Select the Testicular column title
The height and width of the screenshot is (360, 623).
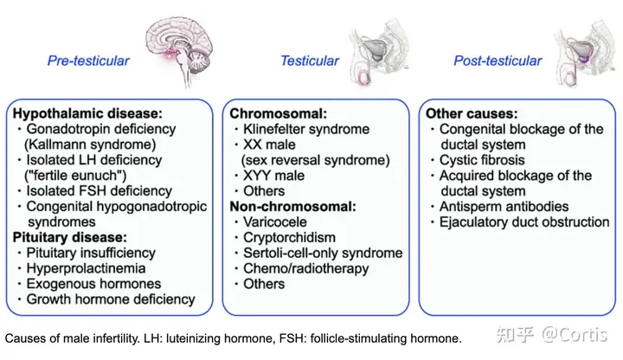[x=309, y=61]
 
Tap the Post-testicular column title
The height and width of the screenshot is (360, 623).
[x=498, y=61]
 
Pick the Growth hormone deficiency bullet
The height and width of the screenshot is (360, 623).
[x=111, y=299]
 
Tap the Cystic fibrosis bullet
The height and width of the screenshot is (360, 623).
[x=480, y=160]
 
